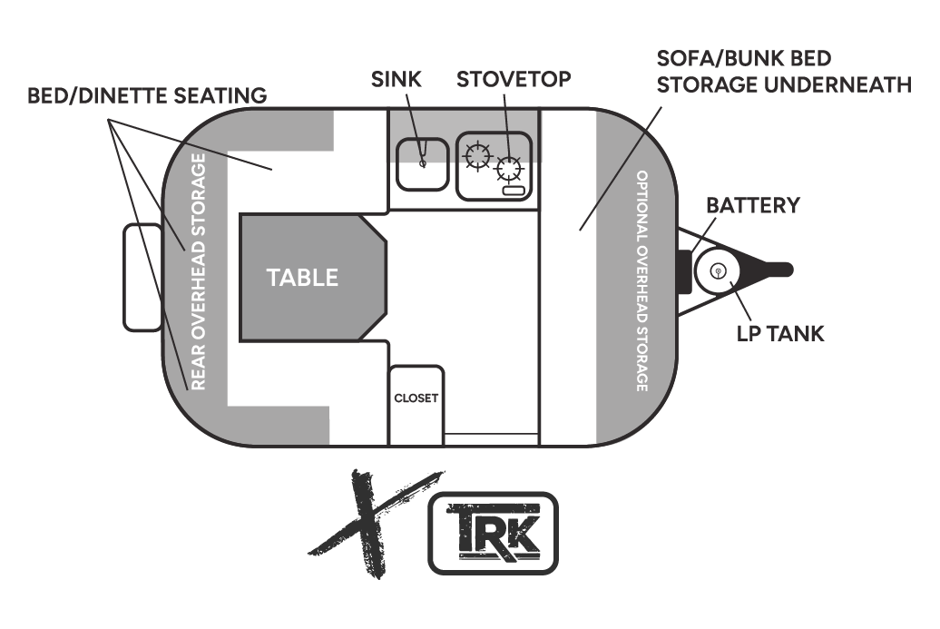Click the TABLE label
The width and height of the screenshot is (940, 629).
[x=302, y=278]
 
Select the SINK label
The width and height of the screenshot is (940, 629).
[x=397, y=79]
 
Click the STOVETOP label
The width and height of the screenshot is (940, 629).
[x=514, y=79]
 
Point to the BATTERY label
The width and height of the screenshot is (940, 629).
[x=753, y=205]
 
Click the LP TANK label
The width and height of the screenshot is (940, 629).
[x=780, y=334]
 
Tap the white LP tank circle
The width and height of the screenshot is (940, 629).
[x=718, y=270]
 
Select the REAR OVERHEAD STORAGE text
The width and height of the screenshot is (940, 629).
[x=200, y=271]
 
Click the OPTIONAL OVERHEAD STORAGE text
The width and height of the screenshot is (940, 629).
[x=641, y=280]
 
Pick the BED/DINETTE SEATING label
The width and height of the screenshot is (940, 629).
[x=147, y=94]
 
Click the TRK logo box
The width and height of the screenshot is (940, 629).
[x=493, y=533]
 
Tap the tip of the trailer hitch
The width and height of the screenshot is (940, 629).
[x=789, y=270]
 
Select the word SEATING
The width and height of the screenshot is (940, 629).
[x=222, y=94]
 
